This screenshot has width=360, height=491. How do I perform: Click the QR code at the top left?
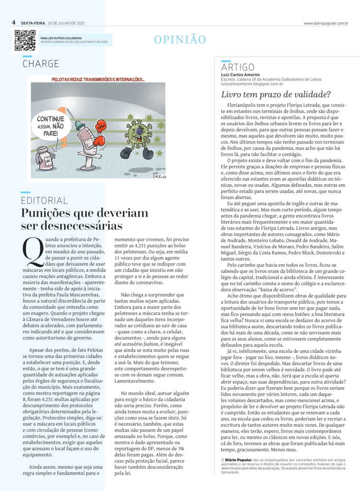coord(24,40)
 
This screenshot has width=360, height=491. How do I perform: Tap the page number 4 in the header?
coord(14,23)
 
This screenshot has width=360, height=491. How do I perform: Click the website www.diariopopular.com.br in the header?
coord(325,23)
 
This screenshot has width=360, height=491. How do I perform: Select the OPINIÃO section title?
coord(180,40)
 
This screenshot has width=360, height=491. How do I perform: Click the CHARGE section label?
coord(41,64)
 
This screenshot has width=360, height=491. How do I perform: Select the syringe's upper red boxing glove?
coord(100,126)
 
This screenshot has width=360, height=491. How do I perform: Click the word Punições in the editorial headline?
coord(47,214)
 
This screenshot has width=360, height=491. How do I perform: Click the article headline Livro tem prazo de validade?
coord(276,94)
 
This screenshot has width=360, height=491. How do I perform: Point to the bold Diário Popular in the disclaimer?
coord(237,460)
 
